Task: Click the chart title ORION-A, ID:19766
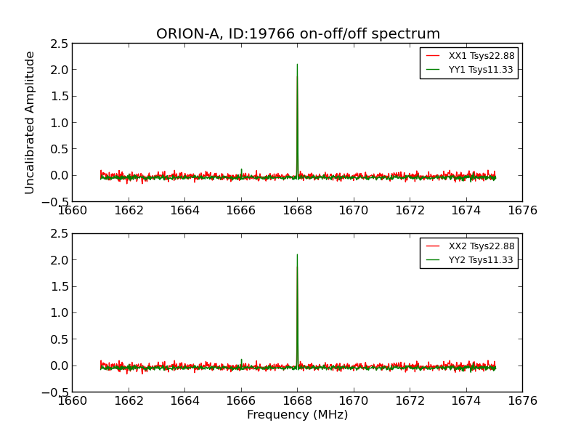coord(298,34)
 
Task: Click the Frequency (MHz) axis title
coord(297,415)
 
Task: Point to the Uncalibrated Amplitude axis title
coord(30,122)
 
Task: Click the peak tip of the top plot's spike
coord(297,65)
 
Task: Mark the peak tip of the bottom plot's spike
coord(297,255)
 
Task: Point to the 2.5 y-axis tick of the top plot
coord(60,44)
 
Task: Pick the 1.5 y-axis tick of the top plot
coord(60,96)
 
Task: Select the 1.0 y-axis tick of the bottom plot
coord(60,312)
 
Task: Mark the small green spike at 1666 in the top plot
coord(241,170)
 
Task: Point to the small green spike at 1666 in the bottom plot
coord(241,360)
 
